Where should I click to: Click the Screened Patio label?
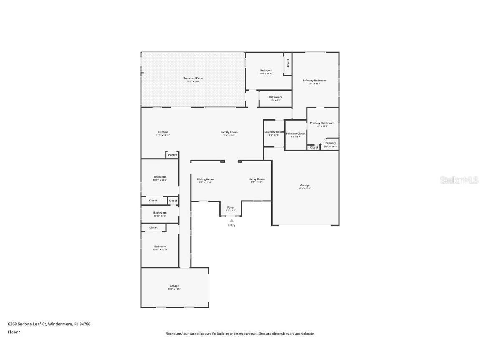pyautogui.click(x=193, y=78)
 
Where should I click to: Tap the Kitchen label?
pyautogui.click(x=163, y=132)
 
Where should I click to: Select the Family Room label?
pyautogui.click(x=229, y=132)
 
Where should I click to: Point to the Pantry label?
pyautogui.click(x=172, y=155)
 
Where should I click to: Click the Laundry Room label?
pyautogui.click(x=274, y=132)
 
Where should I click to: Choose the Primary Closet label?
pyautogui.click(x=296, y=133)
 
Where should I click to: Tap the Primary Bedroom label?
pyautogui.click(x=314, y=81)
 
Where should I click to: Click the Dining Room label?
pyautogui.click(x=205, y=179)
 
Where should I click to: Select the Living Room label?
pyautogui.click(x=256, y=179)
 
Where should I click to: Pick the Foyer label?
pyautogui.click(x=231, y=207)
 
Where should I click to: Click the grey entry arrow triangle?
pyautogui.click(x=231, y=221)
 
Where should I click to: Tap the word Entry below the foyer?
pyautogui.click(x=231, y=225)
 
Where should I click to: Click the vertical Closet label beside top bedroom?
pyautogui.click(x=287, y=63)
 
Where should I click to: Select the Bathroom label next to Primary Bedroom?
pyautogui.click(x=275, y=97)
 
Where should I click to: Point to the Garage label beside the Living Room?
pyautogui.click(x=305, y=185)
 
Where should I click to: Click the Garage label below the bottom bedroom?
pyautogui.click(x=174, y=286)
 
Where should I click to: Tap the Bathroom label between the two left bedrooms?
pyautogui.click(x=160, y=213)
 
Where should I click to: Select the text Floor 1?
pyautogui.click(x=14, y=332)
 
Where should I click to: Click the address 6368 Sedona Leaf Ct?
pyautogui.click(x=27, y=324)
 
